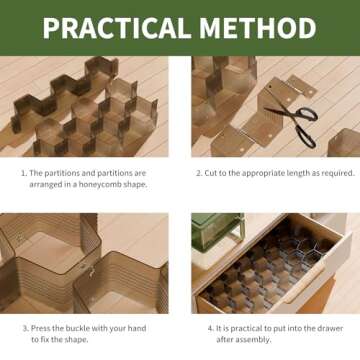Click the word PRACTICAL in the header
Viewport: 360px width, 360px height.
point(117,28)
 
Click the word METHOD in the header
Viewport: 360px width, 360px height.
point(258,28)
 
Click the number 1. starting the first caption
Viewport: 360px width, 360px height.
point(24,173)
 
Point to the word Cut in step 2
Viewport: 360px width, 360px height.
point(210,173)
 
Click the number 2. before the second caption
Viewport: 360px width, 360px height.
point(199,173)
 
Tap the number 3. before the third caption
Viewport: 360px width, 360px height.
point(25,328)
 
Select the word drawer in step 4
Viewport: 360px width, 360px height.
point(331,328)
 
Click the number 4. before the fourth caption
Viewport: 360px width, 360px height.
point(211,328)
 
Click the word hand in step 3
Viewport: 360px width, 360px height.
point(137,328)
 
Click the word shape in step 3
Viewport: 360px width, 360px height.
point(79,340)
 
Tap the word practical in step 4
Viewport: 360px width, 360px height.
point(243,328)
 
